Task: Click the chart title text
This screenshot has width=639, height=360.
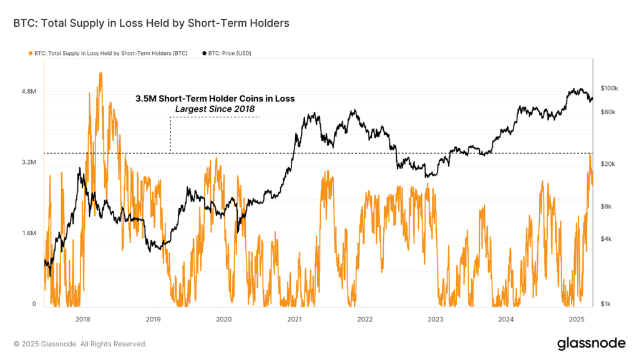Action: [x=151, y=23]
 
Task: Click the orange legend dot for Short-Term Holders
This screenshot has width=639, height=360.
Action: [x=30, y=53]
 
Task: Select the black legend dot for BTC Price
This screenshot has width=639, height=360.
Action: [x=203, y=53]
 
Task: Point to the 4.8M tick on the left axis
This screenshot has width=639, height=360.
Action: [x=29, y=91]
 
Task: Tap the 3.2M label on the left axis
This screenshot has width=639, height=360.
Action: [x=29, y=162]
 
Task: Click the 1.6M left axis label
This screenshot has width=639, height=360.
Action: [x=29, y=233]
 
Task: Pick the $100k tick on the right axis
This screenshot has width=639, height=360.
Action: [x=608, y=89]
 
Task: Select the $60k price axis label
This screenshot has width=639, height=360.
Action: [x=608, y=112]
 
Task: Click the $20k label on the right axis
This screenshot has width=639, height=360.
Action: [x=608, y=163]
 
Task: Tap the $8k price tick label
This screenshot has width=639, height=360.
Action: [x=607, y=207]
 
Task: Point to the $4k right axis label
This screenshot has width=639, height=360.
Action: [x=607, y=239]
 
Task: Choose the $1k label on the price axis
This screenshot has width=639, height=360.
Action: [x=607, y=304]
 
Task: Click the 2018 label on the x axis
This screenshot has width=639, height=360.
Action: [x=82, y=319]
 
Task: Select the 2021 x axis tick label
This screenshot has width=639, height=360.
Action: [x=295, y=319]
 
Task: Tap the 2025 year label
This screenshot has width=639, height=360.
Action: [x=577, y=319]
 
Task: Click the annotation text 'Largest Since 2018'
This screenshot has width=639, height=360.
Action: [x=215, y=109]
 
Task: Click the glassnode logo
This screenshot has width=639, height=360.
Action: [x=591, y=343]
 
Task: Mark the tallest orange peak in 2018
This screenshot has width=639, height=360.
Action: [x=100, y=73]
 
